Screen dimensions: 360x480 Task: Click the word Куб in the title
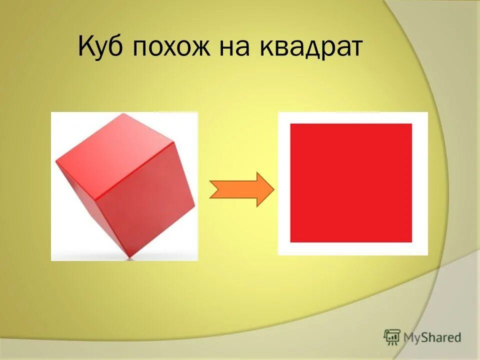pos(102,49)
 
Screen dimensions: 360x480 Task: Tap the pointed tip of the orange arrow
pos(273,189)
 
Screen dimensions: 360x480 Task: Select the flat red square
pos(350,183)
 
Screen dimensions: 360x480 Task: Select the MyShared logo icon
pos(392,337)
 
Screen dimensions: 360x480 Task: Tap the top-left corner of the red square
pos(291,124)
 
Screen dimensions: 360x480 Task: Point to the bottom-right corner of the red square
pos(411,242)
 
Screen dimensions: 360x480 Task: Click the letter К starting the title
pos(86,49)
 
